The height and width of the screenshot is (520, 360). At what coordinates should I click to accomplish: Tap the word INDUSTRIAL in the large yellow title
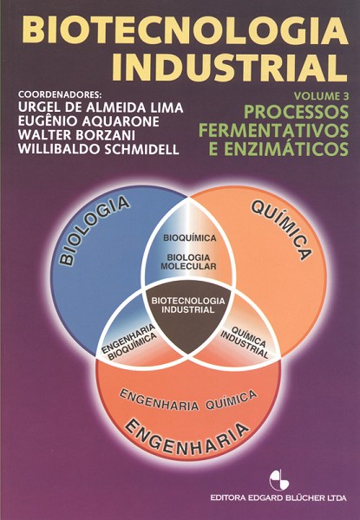[x=229, y=68]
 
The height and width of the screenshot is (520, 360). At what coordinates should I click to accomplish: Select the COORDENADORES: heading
[x=60, y=94]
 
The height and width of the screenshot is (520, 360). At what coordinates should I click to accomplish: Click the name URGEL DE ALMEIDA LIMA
[x=101, y=107]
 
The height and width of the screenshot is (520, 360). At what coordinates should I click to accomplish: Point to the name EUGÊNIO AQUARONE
[x=88, y=121]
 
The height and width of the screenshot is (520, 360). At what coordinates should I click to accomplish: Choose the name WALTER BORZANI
[x=76, y=135]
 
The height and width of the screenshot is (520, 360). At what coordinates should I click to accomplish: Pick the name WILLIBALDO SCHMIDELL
[x=99, y=149]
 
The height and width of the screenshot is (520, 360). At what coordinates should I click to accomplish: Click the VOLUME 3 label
[x=322, y=96]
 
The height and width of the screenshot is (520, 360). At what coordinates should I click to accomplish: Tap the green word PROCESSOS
[x=297, y=112]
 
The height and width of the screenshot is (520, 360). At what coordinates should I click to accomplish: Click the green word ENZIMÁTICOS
[x=292, y=149]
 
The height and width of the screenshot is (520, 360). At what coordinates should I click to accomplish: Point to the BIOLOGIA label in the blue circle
[x=94, y=230]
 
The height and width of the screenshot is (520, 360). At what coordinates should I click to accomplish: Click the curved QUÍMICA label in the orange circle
[x=281, y=231]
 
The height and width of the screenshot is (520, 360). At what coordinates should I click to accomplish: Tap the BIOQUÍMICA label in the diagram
[x=190, y=238]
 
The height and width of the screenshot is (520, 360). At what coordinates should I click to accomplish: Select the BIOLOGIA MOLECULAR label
[x=188, y=262]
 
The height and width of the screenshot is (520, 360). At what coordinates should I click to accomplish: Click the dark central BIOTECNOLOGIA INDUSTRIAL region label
[x=187, y=305]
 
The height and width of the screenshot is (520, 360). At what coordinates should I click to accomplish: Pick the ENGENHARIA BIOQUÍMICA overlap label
[x=129, y=342]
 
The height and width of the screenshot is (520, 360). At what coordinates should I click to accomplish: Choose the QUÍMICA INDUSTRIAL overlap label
[x=245, y=342]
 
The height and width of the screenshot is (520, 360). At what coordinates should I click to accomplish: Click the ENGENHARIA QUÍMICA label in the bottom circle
[x=187, y=400]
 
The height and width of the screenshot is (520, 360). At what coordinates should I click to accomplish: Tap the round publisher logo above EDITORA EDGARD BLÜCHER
[x=279, y=480]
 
